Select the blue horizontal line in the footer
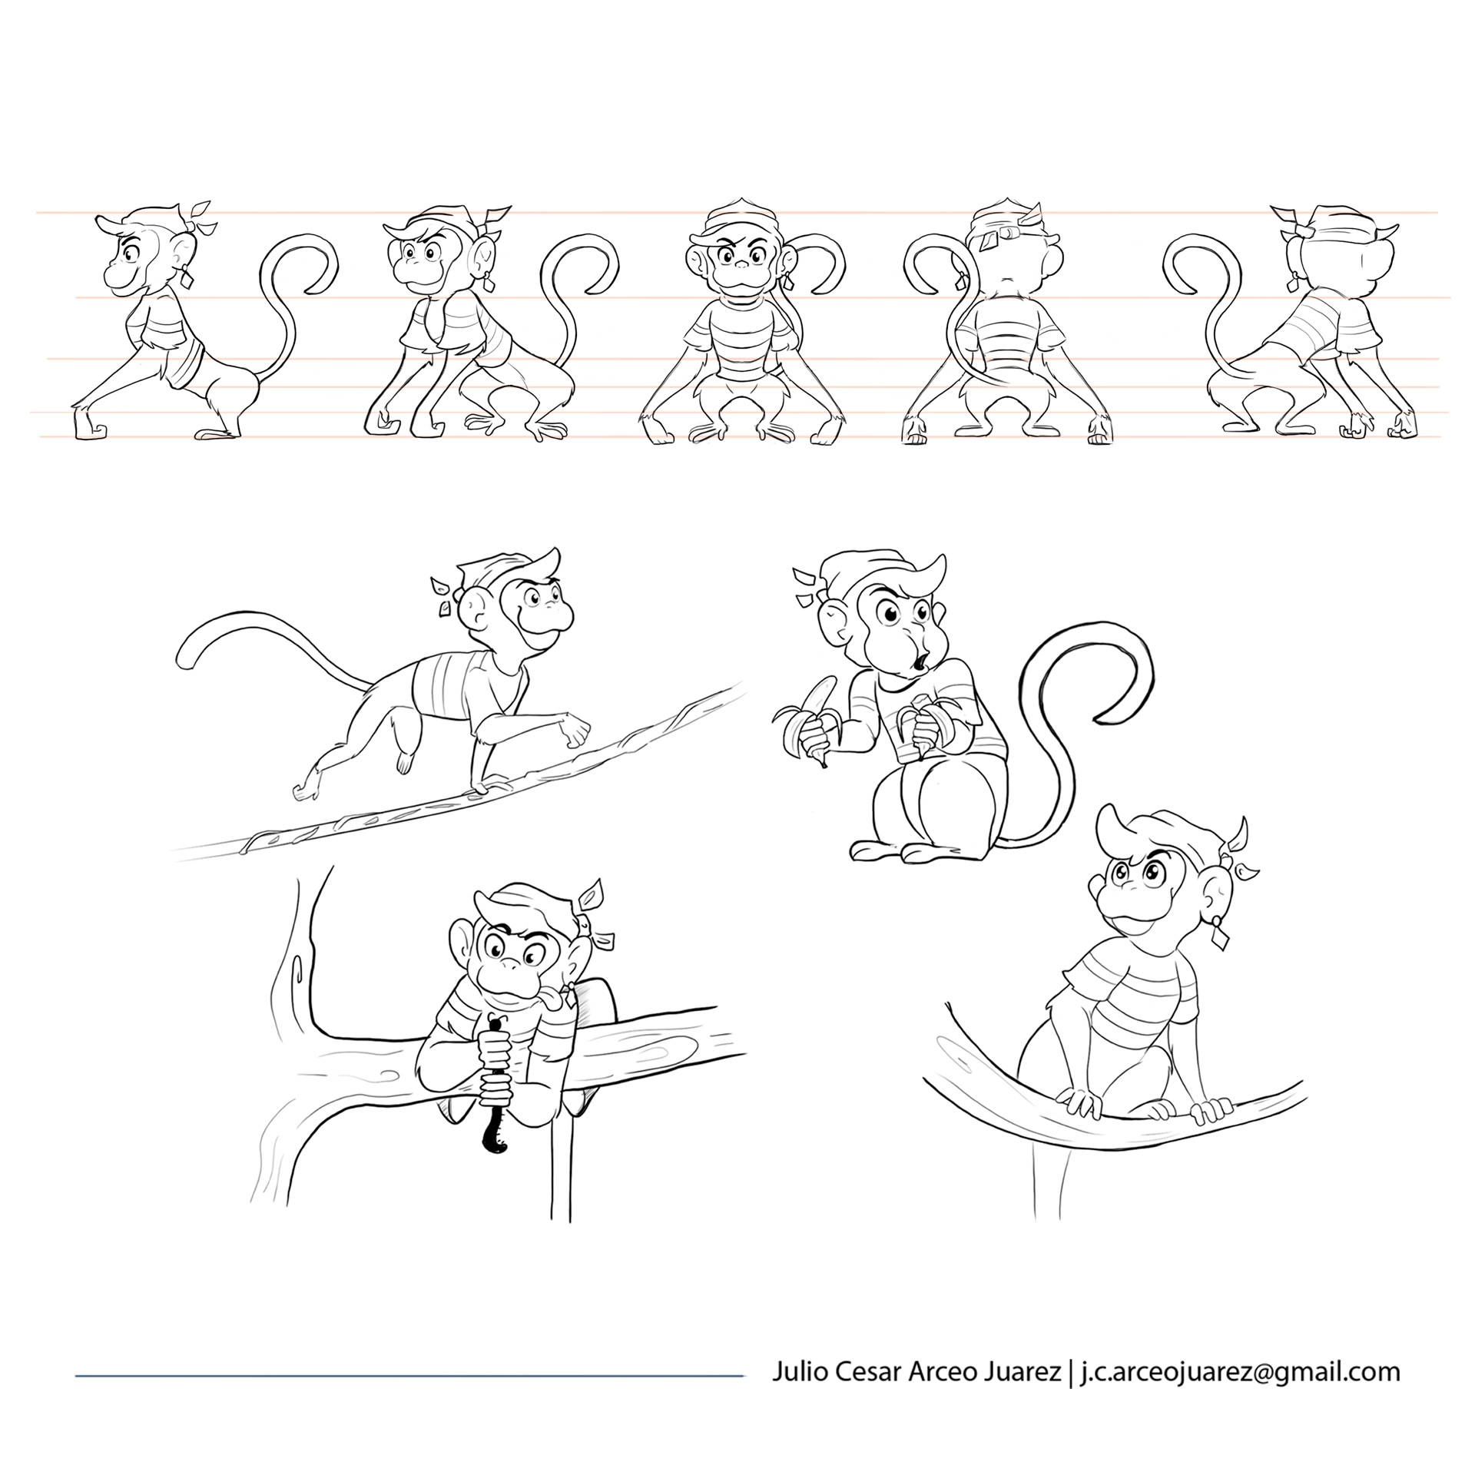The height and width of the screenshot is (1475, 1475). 409,1375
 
